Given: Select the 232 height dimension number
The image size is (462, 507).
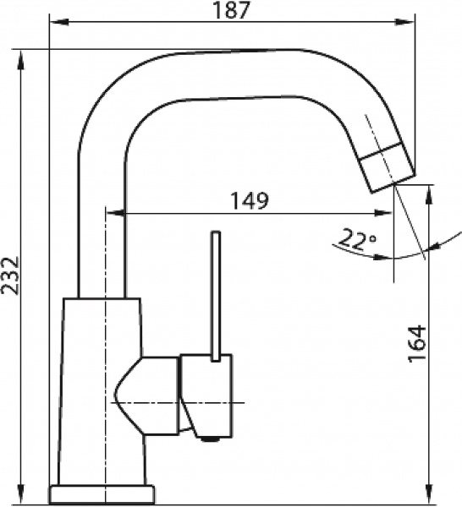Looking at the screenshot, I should (x=12, y=275).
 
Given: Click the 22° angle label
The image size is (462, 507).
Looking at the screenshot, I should (x=355, y=240).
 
